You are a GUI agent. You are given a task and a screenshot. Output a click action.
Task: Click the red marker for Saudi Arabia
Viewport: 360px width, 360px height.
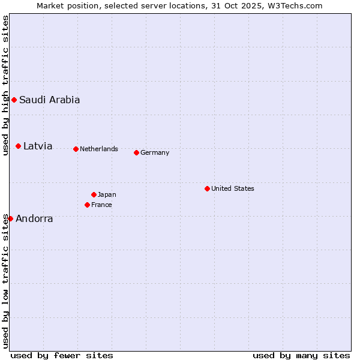tap(14, 100)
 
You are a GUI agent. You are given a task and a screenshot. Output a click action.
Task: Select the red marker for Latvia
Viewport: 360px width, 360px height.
tap(19, 146)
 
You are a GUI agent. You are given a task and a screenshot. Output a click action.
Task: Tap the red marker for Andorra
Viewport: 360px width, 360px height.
tap(10, 218)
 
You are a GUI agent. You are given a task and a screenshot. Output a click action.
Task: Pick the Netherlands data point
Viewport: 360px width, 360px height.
tap(76, 149)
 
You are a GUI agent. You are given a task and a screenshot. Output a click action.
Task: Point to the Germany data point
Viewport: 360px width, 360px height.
tap(136, 152)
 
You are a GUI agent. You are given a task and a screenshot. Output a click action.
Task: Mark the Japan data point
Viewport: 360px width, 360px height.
tap(94, 194)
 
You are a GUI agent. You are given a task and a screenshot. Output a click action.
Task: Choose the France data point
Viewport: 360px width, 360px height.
tap(87, 205)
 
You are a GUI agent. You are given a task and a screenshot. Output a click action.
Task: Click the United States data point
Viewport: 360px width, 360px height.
tap(207, 188)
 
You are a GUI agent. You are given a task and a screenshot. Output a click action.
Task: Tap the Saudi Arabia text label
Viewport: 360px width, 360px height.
tap(49, 100)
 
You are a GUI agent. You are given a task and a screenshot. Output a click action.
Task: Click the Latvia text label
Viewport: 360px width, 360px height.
tap(38, 146)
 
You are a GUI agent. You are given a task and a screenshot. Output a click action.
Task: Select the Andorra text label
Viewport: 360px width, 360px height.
tap(34, 218)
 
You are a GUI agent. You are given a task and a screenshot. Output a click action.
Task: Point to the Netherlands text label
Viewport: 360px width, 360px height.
tap(99, 149)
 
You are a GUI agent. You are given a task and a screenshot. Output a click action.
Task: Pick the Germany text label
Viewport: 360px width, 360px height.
tap(155, 152)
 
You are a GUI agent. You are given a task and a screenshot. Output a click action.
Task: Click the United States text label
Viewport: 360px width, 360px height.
tap(233, 188)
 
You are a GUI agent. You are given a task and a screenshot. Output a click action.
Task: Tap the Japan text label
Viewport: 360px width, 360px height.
tap(107, 194)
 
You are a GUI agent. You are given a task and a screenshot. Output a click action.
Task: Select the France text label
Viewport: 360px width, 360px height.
tap(101, 205)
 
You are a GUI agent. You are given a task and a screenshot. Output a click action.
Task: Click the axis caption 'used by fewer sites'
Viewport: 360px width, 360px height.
tap(62, 355)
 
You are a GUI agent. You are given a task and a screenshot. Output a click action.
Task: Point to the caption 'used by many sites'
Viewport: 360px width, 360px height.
tap(301, 355)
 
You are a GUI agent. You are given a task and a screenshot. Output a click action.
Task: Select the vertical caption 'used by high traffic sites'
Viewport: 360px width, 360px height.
tap(5, 85)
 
